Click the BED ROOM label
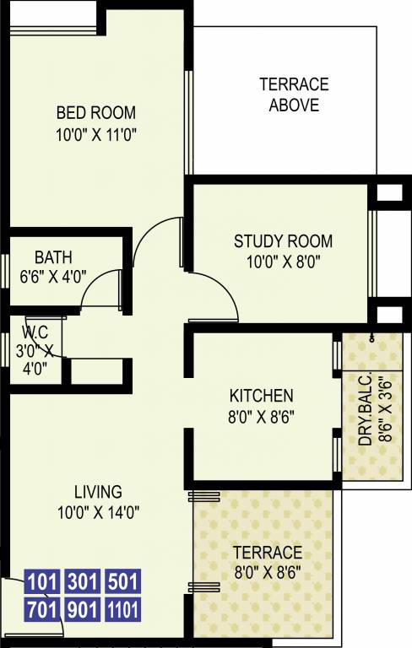tap(95, 113)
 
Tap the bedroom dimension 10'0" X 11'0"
tap(95, 132)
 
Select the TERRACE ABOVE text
tap(294, 94)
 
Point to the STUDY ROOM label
tap(283, 241)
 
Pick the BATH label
tap(53, 257)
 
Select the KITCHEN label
tap(261, 396)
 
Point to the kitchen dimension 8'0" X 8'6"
tap(261, 415)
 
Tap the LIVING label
tap(98, 491)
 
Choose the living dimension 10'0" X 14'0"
tap(98, 510)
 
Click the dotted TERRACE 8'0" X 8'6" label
tap(266, 562)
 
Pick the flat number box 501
tap(122, 582)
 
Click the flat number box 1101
tap(122, 608)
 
